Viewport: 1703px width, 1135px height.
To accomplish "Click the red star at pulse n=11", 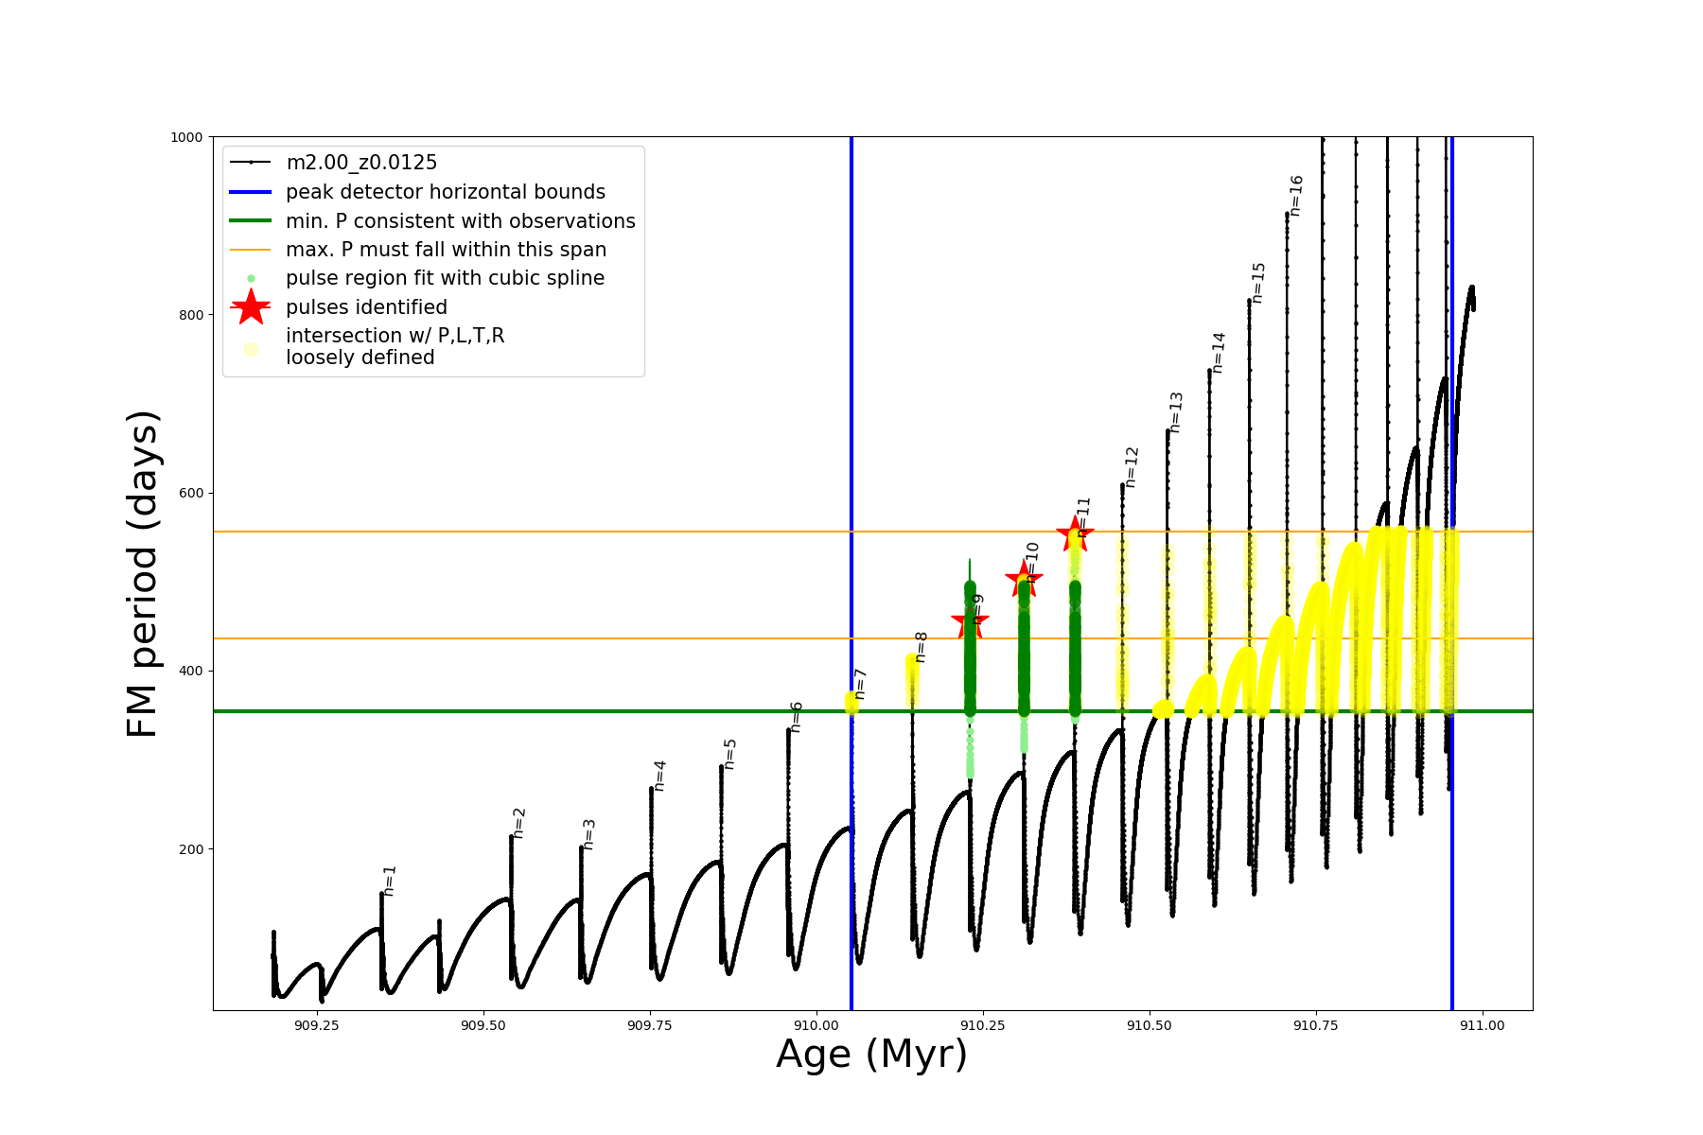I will coord(1075,534).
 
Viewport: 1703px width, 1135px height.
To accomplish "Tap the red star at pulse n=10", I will coord(1024,578).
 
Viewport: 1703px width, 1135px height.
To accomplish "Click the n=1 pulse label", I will coord(389,881).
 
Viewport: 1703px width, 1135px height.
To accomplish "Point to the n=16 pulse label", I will coord(1296,196).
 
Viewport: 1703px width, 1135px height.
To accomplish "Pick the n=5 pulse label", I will coord(729,754).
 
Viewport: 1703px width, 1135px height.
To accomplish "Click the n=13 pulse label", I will coord(1176,412).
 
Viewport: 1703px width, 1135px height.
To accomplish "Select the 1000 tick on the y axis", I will coord(186,137).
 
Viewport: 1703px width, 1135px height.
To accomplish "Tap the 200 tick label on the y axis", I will coord(190,849).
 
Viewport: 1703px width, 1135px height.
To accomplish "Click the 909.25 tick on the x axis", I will coord(317,1025).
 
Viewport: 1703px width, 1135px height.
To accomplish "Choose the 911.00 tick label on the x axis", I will coord(1482,1025).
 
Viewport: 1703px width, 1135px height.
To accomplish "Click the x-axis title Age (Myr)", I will coord(871,1055).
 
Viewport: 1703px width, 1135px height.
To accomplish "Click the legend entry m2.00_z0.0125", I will coord(361,163).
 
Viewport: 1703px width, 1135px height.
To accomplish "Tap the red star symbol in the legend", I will coord(251,306).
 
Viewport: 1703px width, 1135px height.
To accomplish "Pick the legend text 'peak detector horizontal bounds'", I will coord(445,192).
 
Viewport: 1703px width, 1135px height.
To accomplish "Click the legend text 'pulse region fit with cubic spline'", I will coord(445,278).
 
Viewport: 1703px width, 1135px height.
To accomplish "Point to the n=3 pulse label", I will coord(588,834).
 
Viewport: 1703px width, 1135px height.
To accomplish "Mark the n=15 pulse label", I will coord(1257,283).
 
